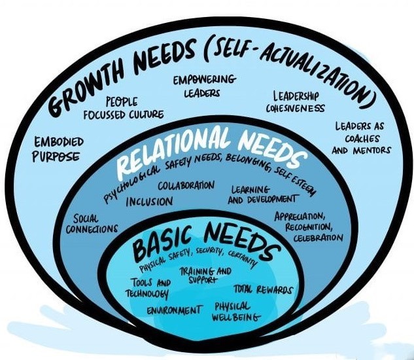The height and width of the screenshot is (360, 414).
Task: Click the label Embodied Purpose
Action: click(58, 149)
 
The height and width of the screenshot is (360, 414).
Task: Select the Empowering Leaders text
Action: click(203, 86)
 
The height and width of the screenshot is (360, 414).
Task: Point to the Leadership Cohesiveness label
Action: click(295, 101)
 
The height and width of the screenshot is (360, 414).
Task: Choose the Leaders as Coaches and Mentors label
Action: click(360, 138)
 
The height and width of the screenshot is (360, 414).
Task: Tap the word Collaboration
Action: click(186, 185)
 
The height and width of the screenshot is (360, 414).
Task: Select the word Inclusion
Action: click(149, 202)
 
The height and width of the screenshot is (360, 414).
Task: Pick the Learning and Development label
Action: click(263, 195)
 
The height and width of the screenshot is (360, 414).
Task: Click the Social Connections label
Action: click(92, 224)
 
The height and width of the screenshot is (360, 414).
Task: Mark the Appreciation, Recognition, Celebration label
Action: click(309, 226)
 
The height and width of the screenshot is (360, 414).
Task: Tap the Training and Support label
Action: click(205, 275)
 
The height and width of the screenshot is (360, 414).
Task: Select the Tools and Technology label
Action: click(148, 288)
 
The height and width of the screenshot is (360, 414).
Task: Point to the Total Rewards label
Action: click(263, 290)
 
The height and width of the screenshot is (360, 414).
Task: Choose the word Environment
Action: click(175, 310)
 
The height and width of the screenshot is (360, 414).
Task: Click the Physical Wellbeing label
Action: click(237, 312)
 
